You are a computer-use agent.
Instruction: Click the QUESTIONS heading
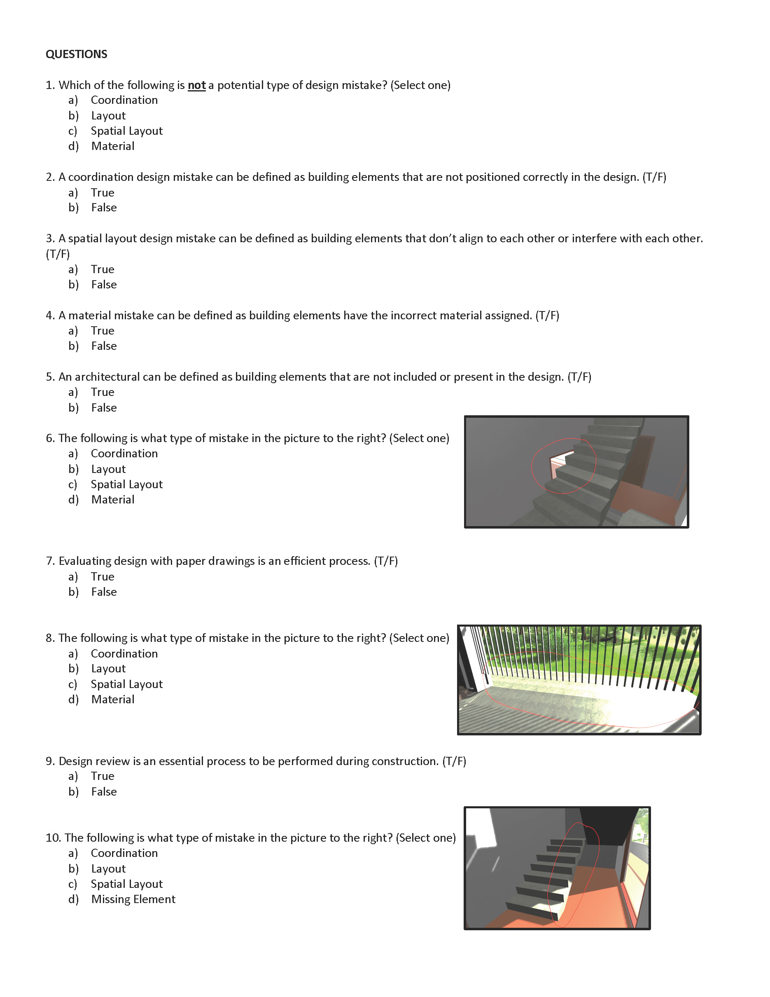[76, 54]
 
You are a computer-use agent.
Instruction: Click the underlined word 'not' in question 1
[196, 85]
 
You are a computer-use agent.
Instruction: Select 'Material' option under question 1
[112, 146]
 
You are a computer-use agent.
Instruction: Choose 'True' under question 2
[102, 193]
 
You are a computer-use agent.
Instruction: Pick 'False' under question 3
[103, 285]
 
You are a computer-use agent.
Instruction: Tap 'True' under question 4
[102, 331]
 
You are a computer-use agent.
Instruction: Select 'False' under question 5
[103, 407]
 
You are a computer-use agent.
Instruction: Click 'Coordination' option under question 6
[124, 454]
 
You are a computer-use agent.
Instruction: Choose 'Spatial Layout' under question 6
[126, 484]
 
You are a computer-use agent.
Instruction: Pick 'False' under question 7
[103, 592]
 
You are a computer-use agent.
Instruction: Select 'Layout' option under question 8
[108, 669]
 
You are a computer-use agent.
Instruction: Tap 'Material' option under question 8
[112, 700]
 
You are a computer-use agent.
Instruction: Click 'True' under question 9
[102, 776]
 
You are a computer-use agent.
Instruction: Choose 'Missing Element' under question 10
[133, 899]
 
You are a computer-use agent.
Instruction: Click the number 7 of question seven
[49, 561]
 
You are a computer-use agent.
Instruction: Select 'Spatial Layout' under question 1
[126, 131]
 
